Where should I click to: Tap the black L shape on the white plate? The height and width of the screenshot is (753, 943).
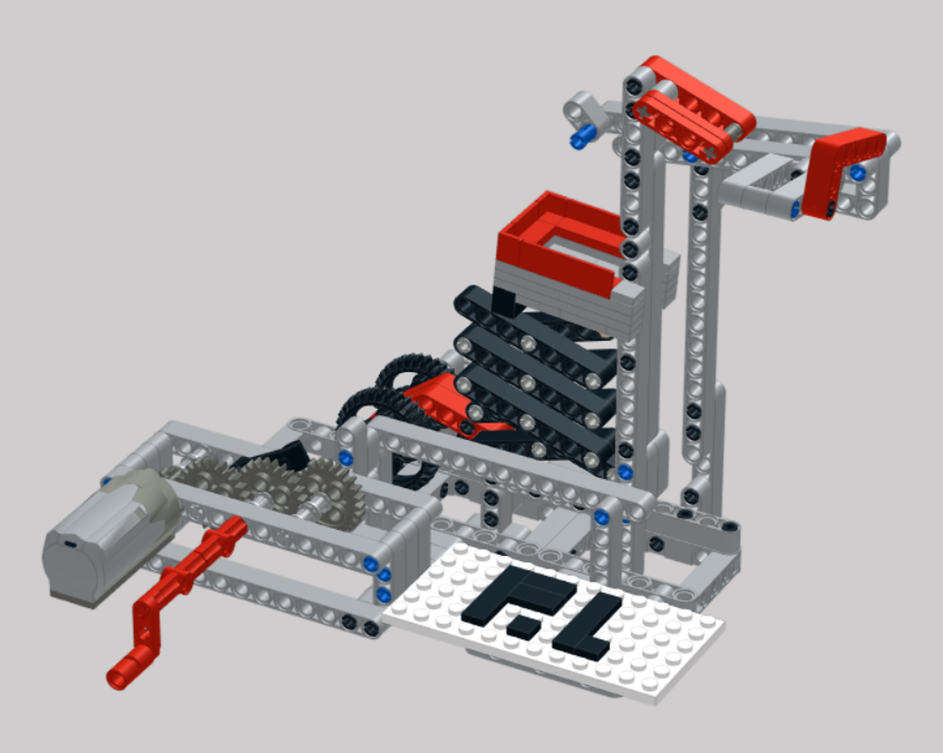585,627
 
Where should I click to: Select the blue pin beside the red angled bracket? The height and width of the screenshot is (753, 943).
858,173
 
